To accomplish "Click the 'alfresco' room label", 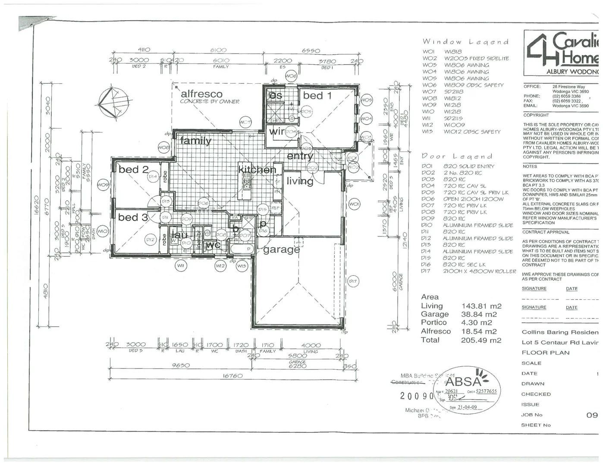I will click(201, 94).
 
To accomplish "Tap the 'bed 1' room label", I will click(317, 95).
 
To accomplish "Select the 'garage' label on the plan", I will click(281, 249).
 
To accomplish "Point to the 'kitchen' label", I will click(257, 170).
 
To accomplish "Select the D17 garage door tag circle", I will click(353, 281).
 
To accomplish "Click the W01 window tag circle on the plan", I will click(354, 204).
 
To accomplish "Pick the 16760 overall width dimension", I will click(232, 376).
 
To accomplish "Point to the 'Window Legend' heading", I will click(465, 42).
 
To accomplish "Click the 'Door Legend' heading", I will click(457, 156).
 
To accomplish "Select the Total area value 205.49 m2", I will click(481, 340).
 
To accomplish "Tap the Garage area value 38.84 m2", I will click(479, 314).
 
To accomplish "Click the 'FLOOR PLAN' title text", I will click(545, 353).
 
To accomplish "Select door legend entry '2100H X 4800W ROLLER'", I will click(479, 271).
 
